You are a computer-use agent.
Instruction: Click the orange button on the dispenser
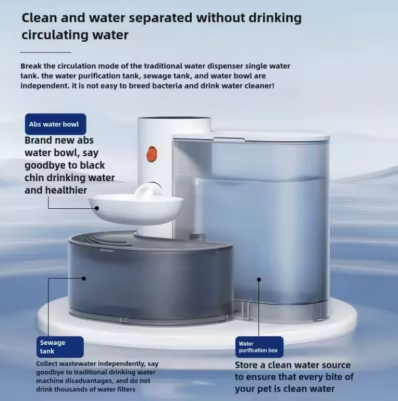pyautogui.click(x=152, y=154)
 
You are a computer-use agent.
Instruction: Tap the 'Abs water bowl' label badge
pyautogui.click(x=54, y=124)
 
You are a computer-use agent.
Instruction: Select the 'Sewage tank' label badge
pyautogui.click(x=60, y=347)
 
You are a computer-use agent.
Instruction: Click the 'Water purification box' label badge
pyautogui.click(x=258, y=347)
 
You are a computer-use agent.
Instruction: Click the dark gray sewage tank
pyautogui.click(x=151, y=281)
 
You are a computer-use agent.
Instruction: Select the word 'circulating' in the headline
pyautogui.click(x=53, y=35)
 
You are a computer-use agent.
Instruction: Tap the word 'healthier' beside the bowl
pyautogui.click(x=66, y=190)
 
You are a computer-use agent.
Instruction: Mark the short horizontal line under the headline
pyautogui.click(x=45, y=52)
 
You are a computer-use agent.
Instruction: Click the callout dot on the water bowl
pyautogui.click(x=97, y=208)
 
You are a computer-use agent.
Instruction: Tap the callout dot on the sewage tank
pyautogui.click(x=84, y=278)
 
